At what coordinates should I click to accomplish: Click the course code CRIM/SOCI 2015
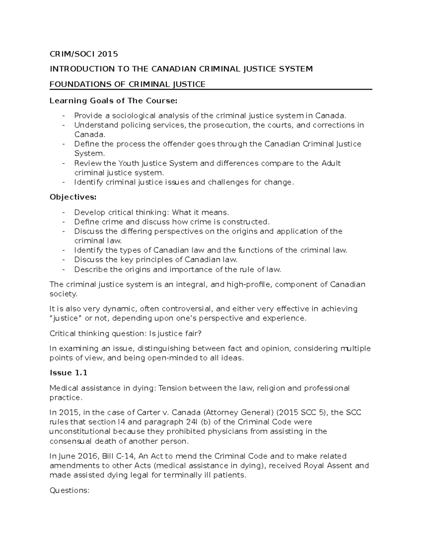coord(84,54)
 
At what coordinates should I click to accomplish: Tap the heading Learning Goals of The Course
coord(114,101)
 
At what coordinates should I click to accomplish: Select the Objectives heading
coord(73,197)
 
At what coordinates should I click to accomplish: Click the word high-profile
coord(249,284)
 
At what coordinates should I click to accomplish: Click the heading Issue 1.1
coord(68,373)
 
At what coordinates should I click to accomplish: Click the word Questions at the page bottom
coord(70,490)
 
